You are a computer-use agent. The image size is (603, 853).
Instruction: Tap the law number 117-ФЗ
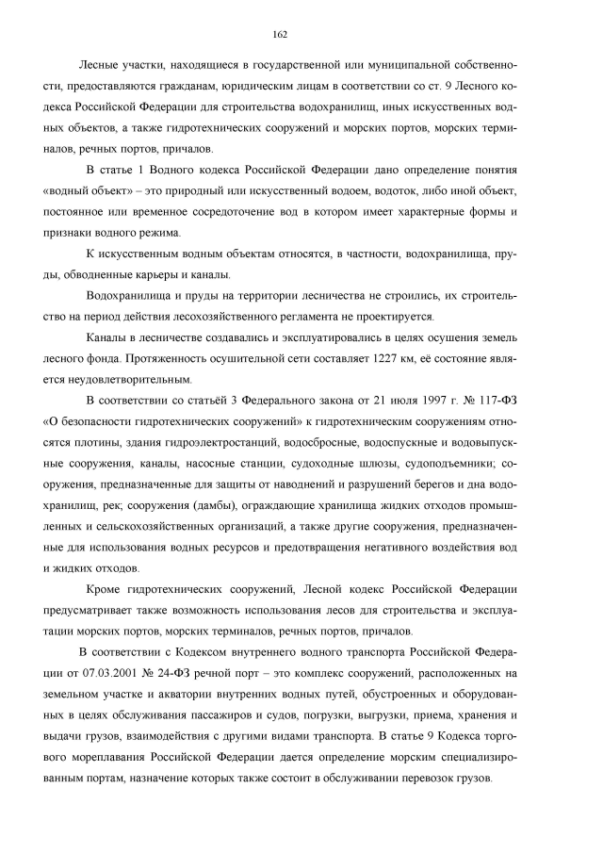(x=495, y=402)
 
